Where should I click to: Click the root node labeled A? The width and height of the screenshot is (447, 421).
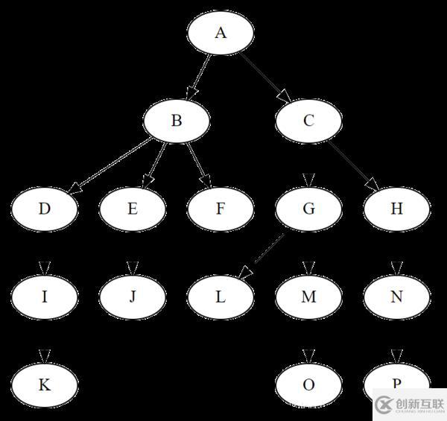(x=221, y=33)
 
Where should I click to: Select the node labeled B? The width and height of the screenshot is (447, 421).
(x=177, y=120)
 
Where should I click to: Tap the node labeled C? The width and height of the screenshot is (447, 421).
(x=308, y=121)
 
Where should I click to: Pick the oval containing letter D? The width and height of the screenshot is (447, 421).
(x=45, y=209)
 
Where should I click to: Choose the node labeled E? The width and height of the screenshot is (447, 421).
(x=133, y=209)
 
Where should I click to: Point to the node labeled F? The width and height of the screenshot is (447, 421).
(x=221, y=209)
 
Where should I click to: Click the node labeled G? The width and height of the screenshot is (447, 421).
(x=308, y=209)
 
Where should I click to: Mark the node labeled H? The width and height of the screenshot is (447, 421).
(x=396, y=209)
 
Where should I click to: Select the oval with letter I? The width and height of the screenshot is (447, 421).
(x=45, y=297)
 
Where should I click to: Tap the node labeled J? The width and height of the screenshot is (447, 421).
(x=133, y=297)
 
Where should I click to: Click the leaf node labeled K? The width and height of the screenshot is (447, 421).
(x=45, y=384)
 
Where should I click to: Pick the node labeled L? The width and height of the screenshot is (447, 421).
(x=221, y=297)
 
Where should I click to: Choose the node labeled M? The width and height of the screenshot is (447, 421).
(x=308, y=297)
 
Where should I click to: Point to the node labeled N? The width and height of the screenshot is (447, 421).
(x=396, y=297)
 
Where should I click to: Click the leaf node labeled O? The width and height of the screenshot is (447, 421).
(x=308, y=384)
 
